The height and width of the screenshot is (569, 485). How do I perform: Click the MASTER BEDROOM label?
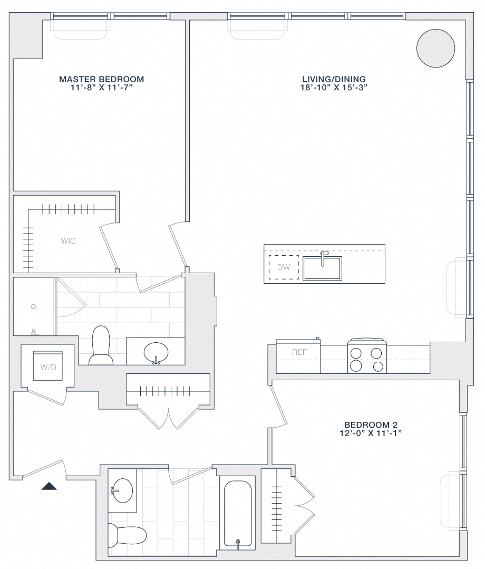101,79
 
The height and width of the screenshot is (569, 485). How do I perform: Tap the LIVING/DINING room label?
331,79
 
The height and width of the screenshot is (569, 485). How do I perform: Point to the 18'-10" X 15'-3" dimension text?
331,88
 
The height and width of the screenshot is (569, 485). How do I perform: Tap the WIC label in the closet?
69,241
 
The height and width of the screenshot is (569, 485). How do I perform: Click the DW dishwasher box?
284,267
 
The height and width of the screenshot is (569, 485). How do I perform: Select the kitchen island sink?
322,268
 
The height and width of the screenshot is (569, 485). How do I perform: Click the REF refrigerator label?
299,352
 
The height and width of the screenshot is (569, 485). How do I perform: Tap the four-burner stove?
365,359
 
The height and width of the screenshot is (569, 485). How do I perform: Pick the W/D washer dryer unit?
48,364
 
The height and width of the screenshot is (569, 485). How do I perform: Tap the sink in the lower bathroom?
122,491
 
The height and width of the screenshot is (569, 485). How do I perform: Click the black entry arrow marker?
49,486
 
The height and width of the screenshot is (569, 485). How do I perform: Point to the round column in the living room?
435,47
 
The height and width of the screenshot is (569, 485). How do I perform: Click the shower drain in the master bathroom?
34,306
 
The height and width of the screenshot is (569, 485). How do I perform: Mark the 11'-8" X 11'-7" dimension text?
101,88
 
